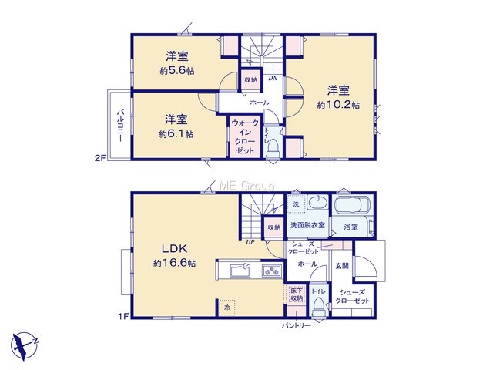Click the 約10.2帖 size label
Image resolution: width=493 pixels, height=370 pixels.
tap(338, 105)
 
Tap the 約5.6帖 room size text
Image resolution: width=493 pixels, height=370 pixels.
tap(177, 71)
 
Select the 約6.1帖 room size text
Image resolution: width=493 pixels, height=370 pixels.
tap(176, 134)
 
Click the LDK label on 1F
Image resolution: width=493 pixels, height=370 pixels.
tap(175, 249)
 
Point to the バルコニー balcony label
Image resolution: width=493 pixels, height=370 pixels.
tap(120, 125)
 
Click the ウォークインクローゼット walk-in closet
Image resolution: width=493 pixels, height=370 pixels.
tap(245, 137)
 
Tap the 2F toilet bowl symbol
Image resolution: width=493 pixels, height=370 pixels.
tap(272, 150)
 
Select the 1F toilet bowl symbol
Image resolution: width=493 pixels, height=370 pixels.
tap(319, 308)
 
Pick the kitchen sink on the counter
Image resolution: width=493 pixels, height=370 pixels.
tap(240, 271)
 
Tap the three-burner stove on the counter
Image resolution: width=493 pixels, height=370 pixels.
tap(272, 271)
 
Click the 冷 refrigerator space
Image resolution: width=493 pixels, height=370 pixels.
tap(227, 308)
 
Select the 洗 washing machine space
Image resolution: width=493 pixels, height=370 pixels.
tap(296, 203)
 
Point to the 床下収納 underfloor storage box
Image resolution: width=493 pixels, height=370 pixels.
tap(296, 294)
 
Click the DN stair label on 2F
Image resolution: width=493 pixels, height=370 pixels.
tap(273, 79)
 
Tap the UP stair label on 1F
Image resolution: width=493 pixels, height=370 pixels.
tap(250, 242)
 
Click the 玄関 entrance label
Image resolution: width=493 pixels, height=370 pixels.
tap(342, 266)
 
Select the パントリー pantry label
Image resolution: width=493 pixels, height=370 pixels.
tap(296, 325)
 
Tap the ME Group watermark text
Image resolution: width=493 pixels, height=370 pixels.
tap(246, 186)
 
